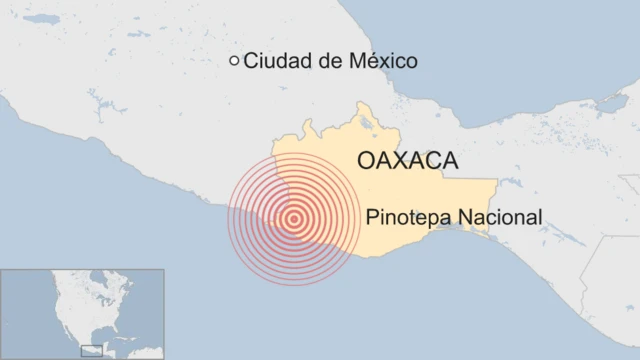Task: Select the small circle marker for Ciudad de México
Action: pos(235,61)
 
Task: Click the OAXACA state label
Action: pos(407,161)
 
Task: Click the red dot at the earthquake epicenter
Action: pos(294,220)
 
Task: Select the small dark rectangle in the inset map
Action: pos(91,349)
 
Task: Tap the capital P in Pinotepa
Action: pos(373,216)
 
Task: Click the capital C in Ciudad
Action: pos(250,62)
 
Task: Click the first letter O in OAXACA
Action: pos(365,161)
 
